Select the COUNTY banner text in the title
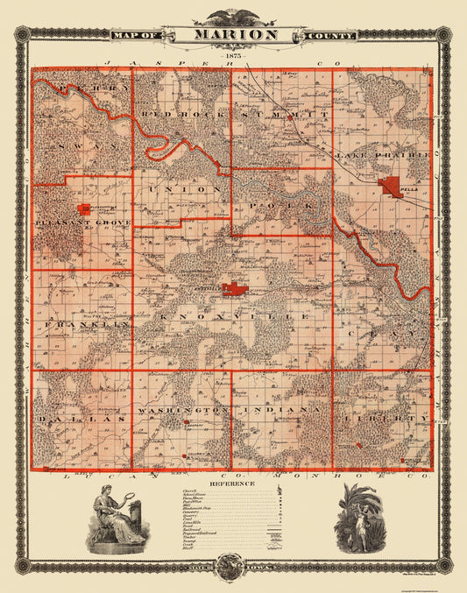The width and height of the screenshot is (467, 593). [x=329, y=36]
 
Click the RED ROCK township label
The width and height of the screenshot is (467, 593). [x=172, y=115]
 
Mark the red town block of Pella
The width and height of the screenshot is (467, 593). [x=390, y=187]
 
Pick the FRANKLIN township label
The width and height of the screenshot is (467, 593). [x=84, y=323]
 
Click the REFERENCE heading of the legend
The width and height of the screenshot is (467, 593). [x=233, y=483]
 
